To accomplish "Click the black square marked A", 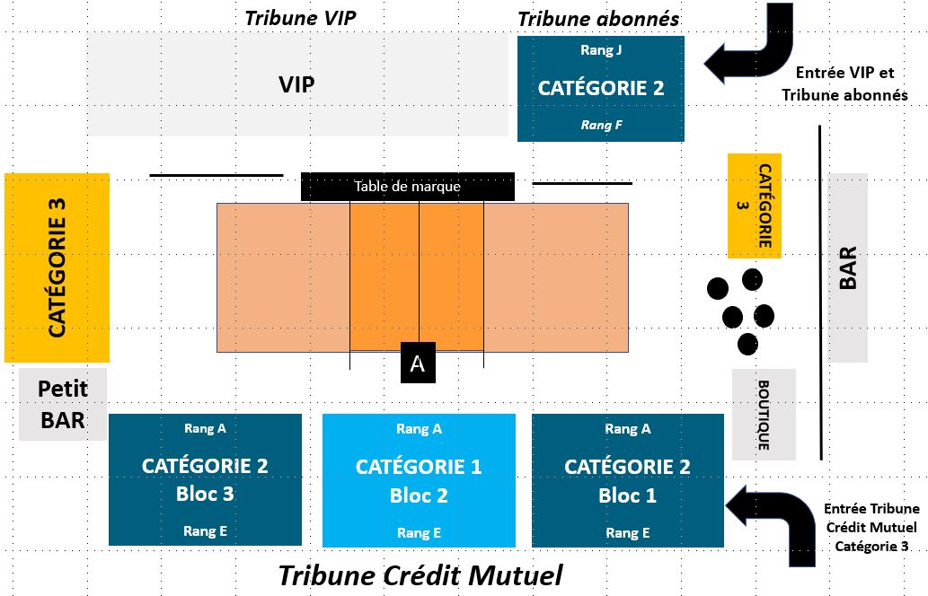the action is [x=418, y=363].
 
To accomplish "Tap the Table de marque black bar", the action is [x=408, y=187].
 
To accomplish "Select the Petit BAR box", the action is [x=63, y=405].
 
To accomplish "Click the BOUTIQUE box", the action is [x=764, y=415].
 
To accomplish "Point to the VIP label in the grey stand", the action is [x=296, y=84].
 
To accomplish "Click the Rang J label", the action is [x=601, y=50].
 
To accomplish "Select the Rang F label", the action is [x=601, y=125].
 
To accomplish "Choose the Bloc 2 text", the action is [x=419, y=495].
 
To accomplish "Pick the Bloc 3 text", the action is [x=205, y=494].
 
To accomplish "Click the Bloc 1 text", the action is [x=627, y=495].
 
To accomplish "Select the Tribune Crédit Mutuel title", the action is [x=420, y=575].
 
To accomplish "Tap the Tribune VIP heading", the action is [x=301, y=18].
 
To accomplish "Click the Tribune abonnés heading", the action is [x=598, y=19].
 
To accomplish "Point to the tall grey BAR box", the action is [x=847, y=267].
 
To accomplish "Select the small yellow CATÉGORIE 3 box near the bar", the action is [x=754, y=206].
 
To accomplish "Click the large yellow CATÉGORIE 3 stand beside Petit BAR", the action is [x=57, y=267].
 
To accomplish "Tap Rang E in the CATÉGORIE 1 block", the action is [x=419, y=533].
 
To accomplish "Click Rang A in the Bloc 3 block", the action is [x=205, y=428].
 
